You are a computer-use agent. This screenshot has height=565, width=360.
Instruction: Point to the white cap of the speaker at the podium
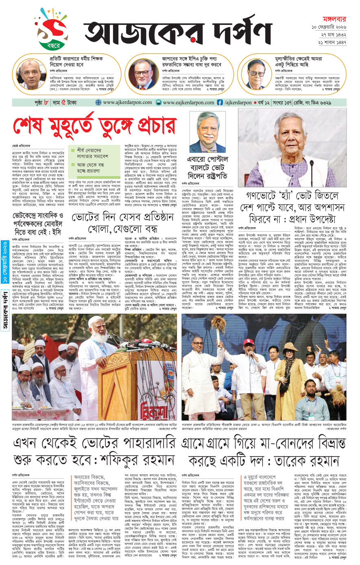tap(98, 320)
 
